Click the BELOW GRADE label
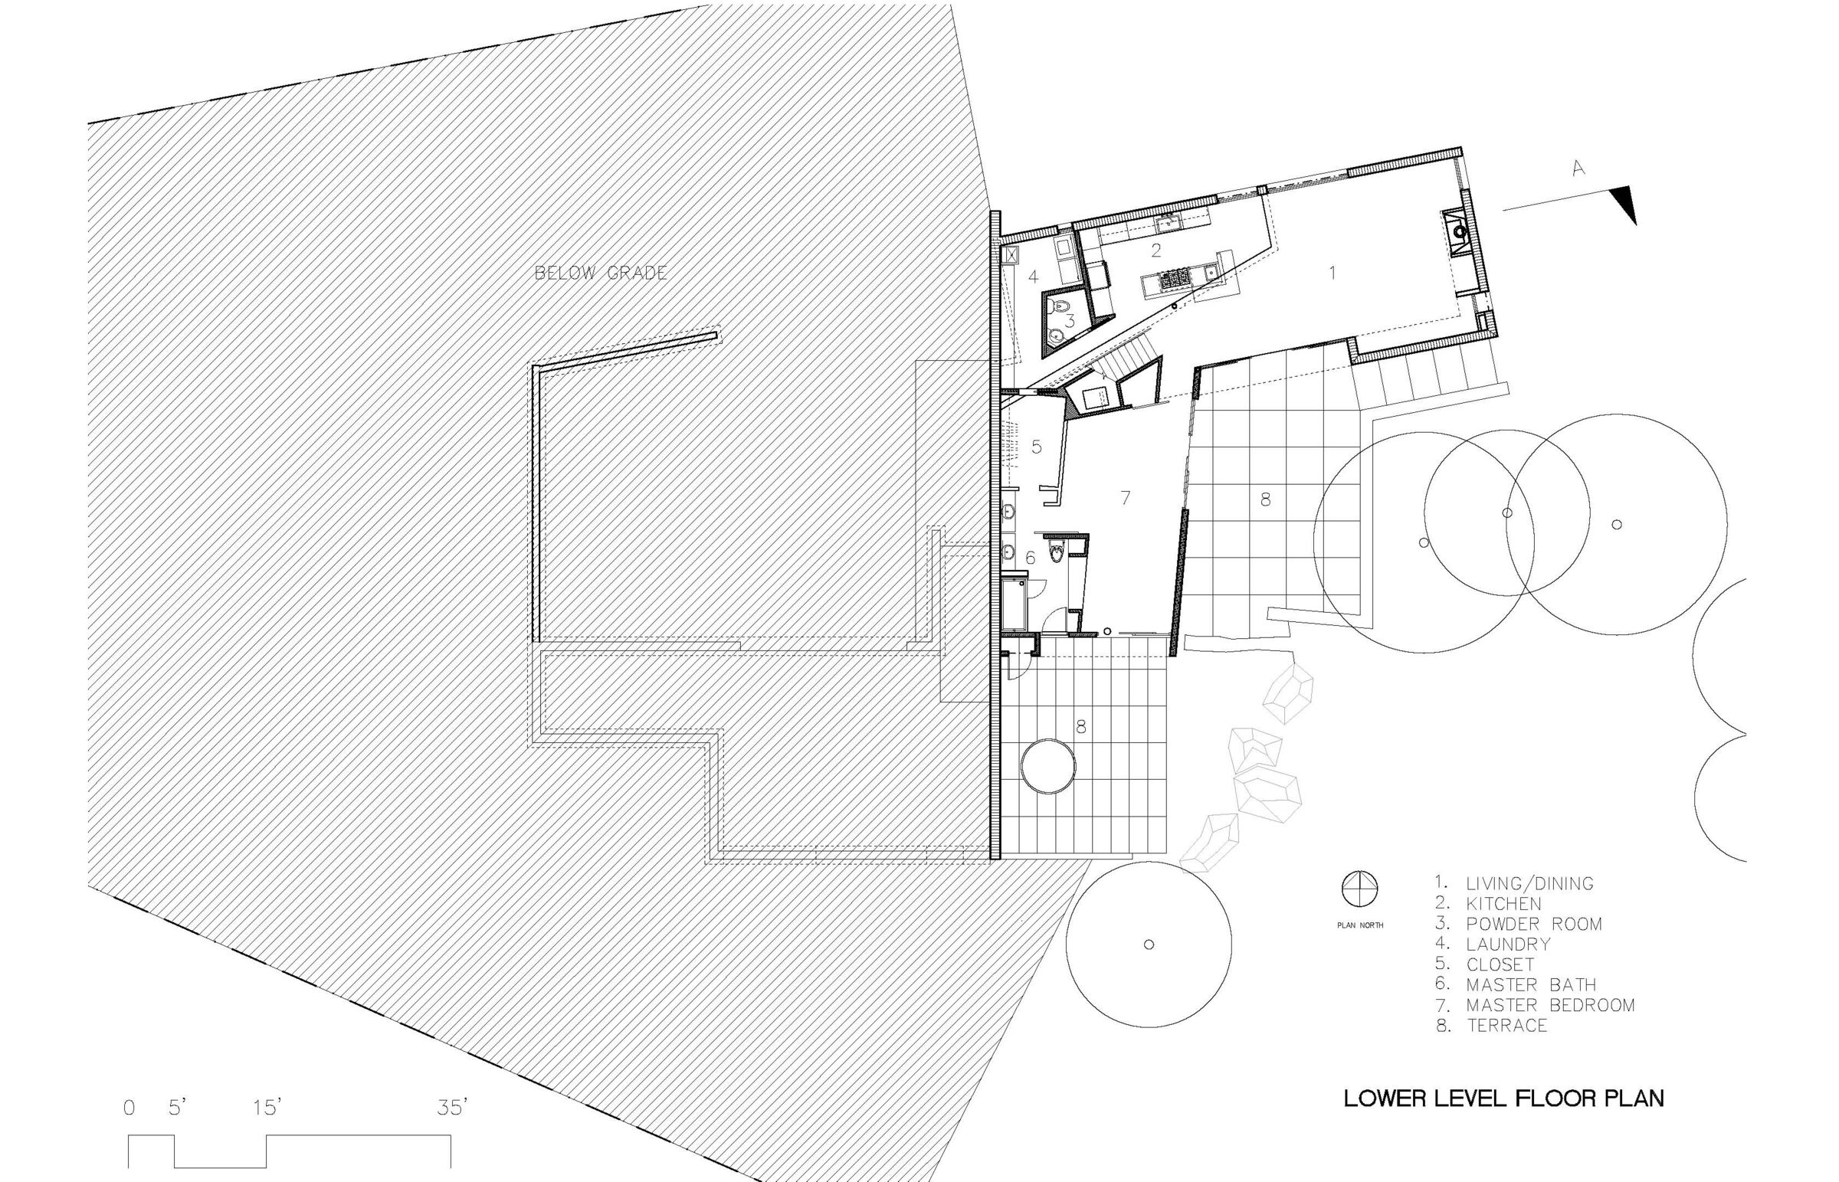point(601,273)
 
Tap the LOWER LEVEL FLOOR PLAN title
point(1503,1099)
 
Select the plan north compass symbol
point(1359,889)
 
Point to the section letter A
point(1577,168)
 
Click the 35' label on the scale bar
point(452,1108)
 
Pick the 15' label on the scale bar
point(268,1108)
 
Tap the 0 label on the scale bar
point(129,1108)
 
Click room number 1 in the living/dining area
point(1333,273)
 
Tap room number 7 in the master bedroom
point(1125,497)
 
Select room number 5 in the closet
point(1036,446)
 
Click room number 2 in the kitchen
point(1156,250)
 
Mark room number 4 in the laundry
point(1033,277)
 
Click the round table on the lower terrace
point(1047,766)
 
